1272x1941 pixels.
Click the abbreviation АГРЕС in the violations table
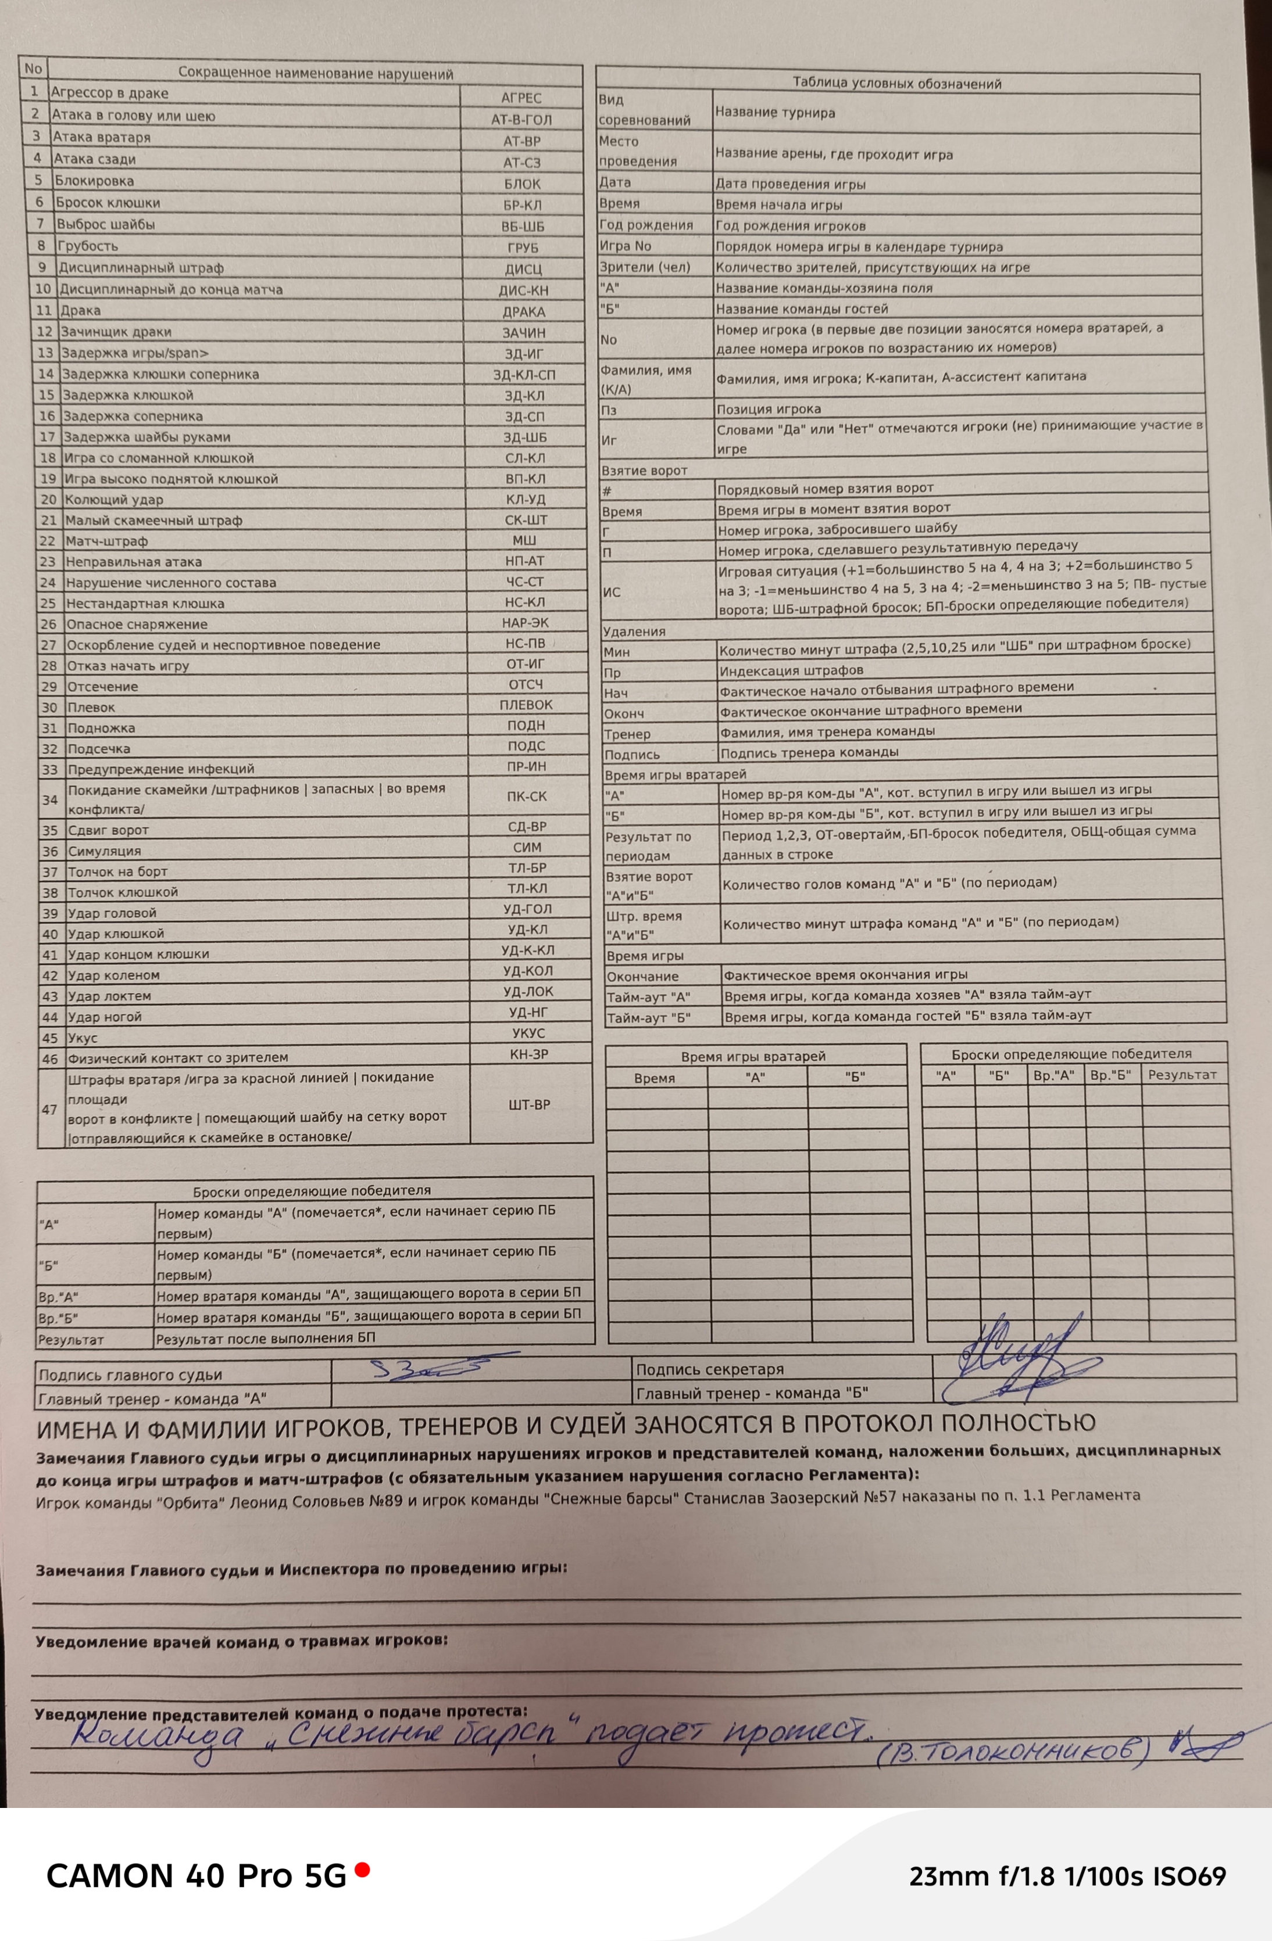click(520, 98)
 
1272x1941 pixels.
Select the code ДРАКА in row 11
click(523, 311)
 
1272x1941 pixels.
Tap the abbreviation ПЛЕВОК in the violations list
click(526, 705)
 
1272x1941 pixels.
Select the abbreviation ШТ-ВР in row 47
click(530, 1105)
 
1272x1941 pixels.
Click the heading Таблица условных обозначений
click(896, 83)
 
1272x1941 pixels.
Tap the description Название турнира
click(775, 113)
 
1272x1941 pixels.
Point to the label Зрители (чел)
click(645, 267)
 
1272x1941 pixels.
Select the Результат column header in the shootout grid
click(1181, 1075)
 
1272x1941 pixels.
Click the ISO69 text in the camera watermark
click(1189, 1877)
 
